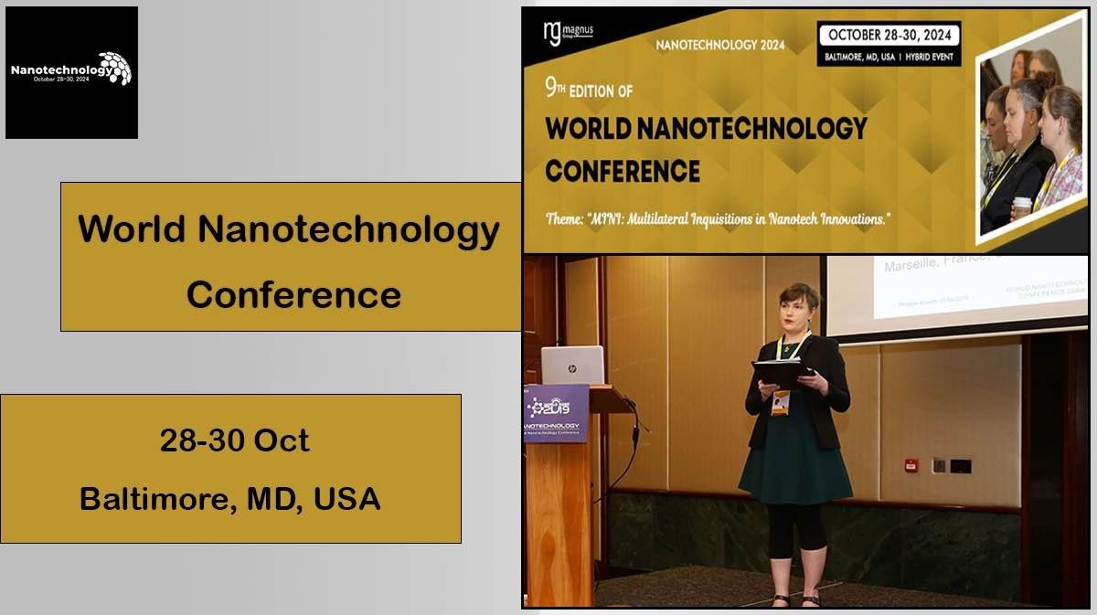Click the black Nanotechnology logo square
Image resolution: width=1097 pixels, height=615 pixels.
pos(71,72)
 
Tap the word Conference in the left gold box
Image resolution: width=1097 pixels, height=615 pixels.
pos(293,294)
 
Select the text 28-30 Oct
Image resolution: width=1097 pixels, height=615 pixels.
pos(234,440)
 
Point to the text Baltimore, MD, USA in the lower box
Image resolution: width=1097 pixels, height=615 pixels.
pos(230,499)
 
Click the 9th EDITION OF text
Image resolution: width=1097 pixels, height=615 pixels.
pos(589,89)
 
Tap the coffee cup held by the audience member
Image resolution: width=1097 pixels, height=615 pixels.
pos(1021,207)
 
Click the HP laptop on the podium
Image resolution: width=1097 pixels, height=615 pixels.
pos(572,366)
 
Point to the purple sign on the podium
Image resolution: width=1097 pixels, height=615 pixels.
pos(555,413)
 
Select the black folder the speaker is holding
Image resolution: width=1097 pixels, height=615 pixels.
pos(783,370)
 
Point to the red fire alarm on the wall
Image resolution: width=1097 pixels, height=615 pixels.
pos(911,465)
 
